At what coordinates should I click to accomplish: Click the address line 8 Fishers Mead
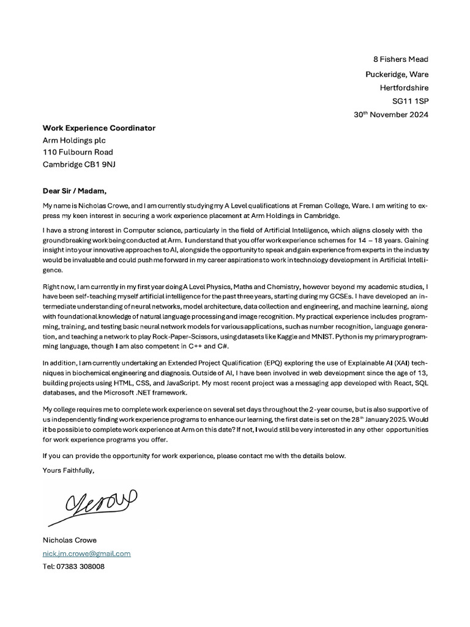tap(401, 59)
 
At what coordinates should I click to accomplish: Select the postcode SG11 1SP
tap(410, 101)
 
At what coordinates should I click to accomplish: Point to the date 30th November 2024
tap(391, 115)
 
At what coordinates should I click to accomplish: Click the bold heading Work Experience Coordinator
tap(99, 128)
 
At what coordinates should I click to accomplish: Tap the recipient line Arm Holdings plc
tap(74, 140)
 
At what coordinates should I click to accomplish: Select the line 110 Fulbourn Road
tap(77, 152)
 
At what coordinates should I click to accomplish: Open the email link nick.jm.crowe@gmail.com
tap(86, 554)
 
